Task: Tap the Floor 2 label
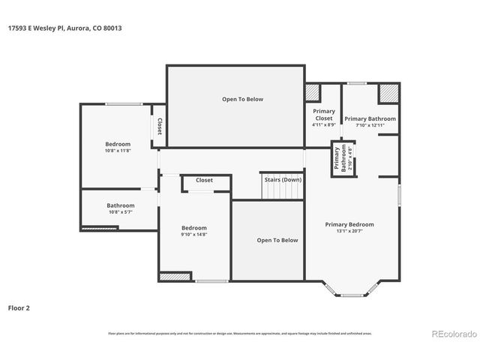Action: (20, 307)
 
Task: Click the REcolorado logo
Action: (453, 334)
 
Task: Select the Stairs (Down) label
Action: (283, 179)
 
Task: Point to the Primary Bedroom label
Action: (349, 224)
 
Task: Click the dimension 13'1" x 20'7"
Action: (349, 231)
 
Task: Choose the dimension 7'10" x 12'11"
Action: (370, 125)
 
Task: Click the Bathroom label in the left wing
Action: (120, 205)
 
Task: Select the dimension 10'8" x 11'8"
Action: (118, 151)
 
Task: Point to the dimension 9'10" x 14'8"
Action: (193, 235)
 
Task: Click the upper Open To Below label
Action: (242, 99)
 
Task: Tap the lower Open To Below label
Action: (277, 240)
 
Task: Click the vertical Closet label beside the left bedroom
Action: (159, 127)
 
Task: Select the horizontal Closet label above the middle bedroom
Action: (204, 180)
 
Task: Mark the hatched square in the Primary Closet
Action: (312, 92)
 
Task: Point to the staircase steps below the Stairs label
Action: (282, 191)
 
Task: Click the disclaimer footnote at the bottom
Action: (240, 333)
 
